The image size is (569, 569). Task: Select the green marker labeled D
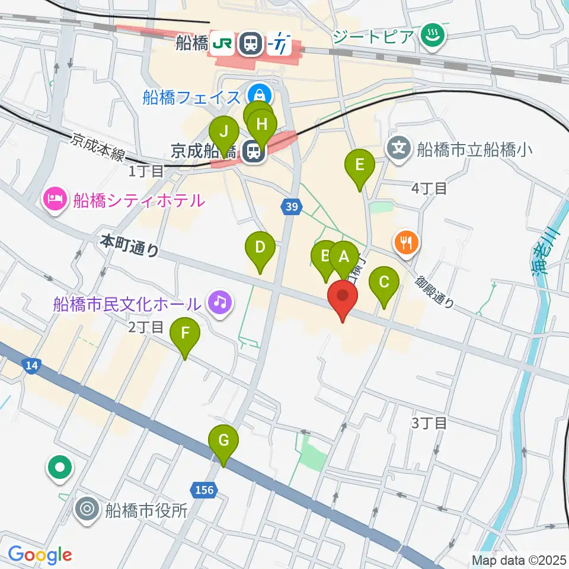pos(260,248)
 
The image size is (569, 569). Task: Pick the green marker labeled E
pos(359,165)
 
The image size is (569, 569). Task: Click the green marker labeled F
pos(185,334)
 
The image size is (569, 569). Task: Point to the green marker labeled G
pos(223,442)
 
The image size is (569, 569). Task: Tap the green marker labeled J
pos(224,130)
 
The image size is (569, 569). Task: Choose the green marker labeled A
pos(344,258)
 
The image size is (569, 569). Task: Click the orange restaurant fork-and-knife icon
pos(407,242)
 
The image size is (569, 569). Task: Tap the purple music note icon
pos(220,303)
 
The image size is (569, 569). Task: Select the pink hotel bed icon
pos(54,199)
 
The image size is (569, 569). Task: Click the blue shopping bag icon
pos(259,94)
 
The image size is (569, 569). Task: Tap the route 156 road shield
pos(203,490)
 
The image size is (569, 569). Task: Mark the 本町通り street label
pos(130,244)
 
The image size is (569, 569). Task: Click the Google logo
pos(40,555)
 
